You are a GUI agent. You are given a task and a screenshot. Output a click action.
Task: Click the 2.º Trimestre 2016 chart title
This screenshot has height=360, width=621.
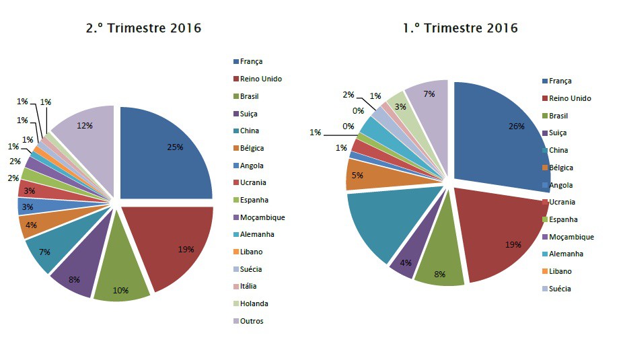click(x=143, y=28)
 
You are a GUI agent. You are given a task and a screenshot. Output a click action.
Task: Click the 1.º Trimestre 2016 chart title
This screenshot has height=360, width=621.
click(x=460, y=28)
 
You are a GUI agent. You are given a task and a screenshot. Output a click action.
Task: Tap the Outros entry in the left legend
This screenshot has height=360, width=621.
click(x=252, y=321)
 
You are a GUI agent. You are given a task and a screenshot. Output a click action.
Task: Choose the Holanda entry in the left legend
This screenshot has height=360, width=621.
click(x=253, y=303)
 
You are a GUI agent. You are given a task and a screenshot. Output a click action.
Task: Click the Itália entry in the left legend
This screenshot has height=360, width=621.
click(x=248, y=286)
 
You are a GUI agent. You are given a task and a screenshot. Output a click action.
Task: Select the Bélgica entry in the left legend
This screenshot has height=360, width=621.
click(x=252, y=147)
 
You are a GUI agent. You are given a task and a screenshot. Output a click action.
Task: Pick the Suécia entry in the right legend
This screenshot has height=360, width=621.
click(x=560, y=289)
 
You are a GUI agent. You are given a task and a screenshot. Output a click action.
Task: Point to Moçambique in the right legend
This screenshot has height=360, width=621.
click(x=571, y=237)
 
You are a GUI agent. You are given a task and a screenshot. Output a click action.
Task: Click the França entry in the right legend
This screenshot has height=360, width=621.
click(x=560, y=81)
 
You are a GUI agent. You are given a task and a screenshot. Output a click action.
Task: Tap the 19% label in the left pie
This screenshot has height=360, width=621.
click(x=185, y=250)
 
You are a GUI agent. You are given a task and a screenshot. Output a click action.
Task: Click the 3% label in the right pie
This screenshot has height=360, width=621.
click(x=400, y=107)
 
